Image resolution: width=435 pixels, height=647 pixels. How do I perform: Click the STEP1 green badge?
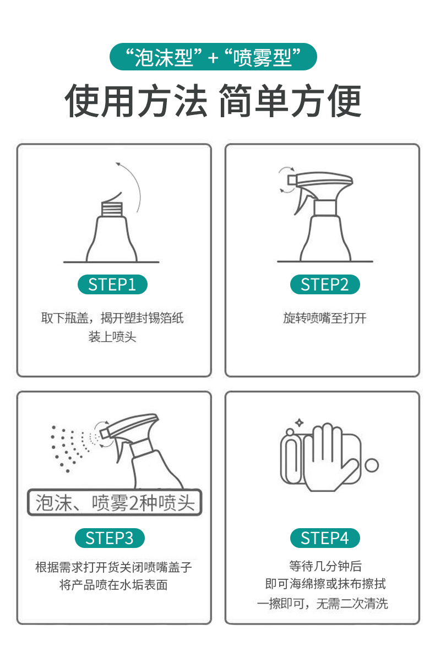(x=112, y=284)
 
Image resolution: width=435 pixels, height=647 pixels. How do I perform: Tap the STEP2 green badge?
(x=325, y=284)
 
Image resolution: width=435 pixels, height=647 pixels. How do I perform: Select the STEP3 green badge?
(x=110, y=538)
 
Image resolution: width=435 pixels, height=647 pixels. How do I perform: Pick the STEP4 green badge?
(x=325, y=538)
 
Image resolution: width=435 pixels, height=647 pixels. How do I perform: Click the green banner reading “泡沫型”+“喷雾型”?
(x=213, y=57)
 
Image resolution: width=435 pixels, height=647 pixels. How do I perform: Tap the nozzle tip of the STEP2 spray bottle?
(x=292, y=180)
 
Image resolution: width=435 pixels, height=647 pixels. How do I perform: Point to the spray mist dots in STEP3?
(x=72, y=448)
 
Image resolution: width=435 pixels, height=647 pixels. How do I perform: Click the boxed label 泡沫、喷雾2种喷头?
(x=115, y=503)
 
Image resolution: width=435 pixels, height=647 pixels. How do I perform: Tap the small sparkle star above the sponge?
(x=299, y=423)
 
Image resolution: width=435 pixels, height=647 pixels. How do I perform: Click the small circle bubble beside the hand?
(x=372, y=465)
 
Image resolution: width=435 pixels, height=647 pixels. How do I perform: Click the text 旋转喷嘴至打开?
(x=325, y=318)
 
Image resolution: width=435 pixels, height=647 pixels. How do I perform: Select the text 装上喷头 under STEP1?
(x=112, y=337)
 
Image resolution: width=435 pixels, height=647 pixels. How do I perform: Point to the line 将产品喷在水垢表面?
(x=113, y=585)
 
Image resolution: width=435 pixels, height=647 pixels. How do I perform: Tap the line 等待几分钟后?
(x=325, y=566)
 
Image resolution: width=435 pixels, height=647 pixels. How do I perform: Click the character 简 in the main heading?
(x=236, y=100)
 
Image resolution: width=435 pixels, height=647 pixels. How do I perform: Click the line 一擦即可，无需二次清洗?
(x=322, y=604)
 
